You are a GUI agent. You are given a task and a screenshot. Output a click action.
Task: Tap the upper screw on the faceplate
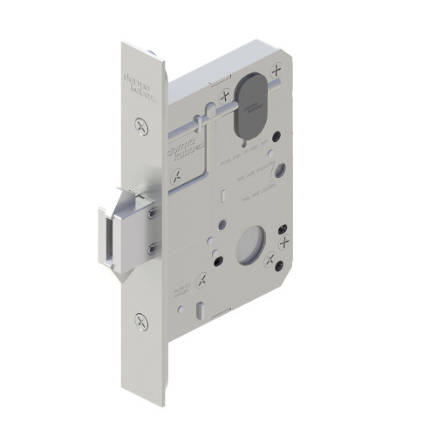pyautogui.click(x=142, y=127)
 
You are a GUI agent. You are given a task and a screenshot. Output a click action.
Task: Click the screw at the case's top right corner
pyautogui.click(x=277, y=68)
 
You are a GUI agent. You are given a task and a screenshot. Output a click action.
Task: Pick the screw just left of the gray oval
pyautogui.click(x=224, y=97)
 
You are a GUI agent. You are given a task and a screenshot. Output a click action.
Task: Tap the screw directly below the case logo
pyautogui.click(x=179, y=176)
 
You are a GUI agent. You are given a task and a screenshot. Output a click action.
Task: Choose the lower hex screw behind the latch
pyautogui.click(x=153, y=251)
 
